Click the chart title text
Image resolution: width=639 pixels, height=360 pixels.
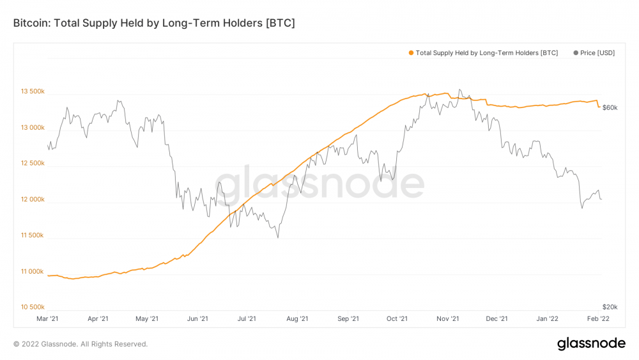(154, 23)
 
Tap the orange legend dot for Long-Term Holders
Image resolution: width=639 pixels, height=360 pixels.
(411, 53)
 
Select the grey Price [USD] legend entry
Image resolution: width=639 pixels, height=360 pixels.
(594, 53)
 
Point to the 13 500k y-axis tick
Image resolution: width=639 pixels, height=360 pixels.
(32, 91)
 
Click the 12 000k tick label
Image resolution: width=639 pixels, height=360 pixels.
(32, 200)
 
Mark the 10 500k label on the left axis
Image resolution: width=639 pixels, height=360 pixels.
(32, 307)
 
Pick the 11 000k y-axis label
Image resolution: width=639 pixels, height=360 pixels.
(32, 272)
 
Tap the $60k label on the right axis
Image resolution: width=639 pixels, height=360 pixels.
(610, 107)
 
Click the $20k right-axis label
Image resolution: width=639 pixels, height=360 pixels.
(610, 307)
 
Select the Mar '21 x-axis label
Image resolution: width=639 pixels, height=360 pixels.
(48, 318)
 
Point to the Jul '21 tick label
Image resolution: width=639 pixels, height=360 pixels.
(247, 318)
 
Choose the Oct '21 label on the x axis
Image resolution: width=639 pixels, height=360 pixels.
(397, 318)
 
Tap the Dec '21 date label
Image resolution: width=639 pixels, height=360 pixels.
(497, 318)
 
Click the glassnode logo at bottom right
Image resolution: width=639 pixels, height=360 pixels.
(591, 343)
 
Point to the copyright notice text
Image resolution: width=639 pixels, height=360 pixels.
(81, 344)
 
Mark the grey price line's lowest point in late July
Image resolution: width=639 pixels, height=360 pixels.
(278, 238)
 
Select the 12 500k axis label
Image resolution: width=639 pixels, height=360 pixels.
(32, 164)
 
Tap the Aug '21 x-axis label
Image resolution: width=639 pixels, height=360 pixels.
(297, 318)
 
